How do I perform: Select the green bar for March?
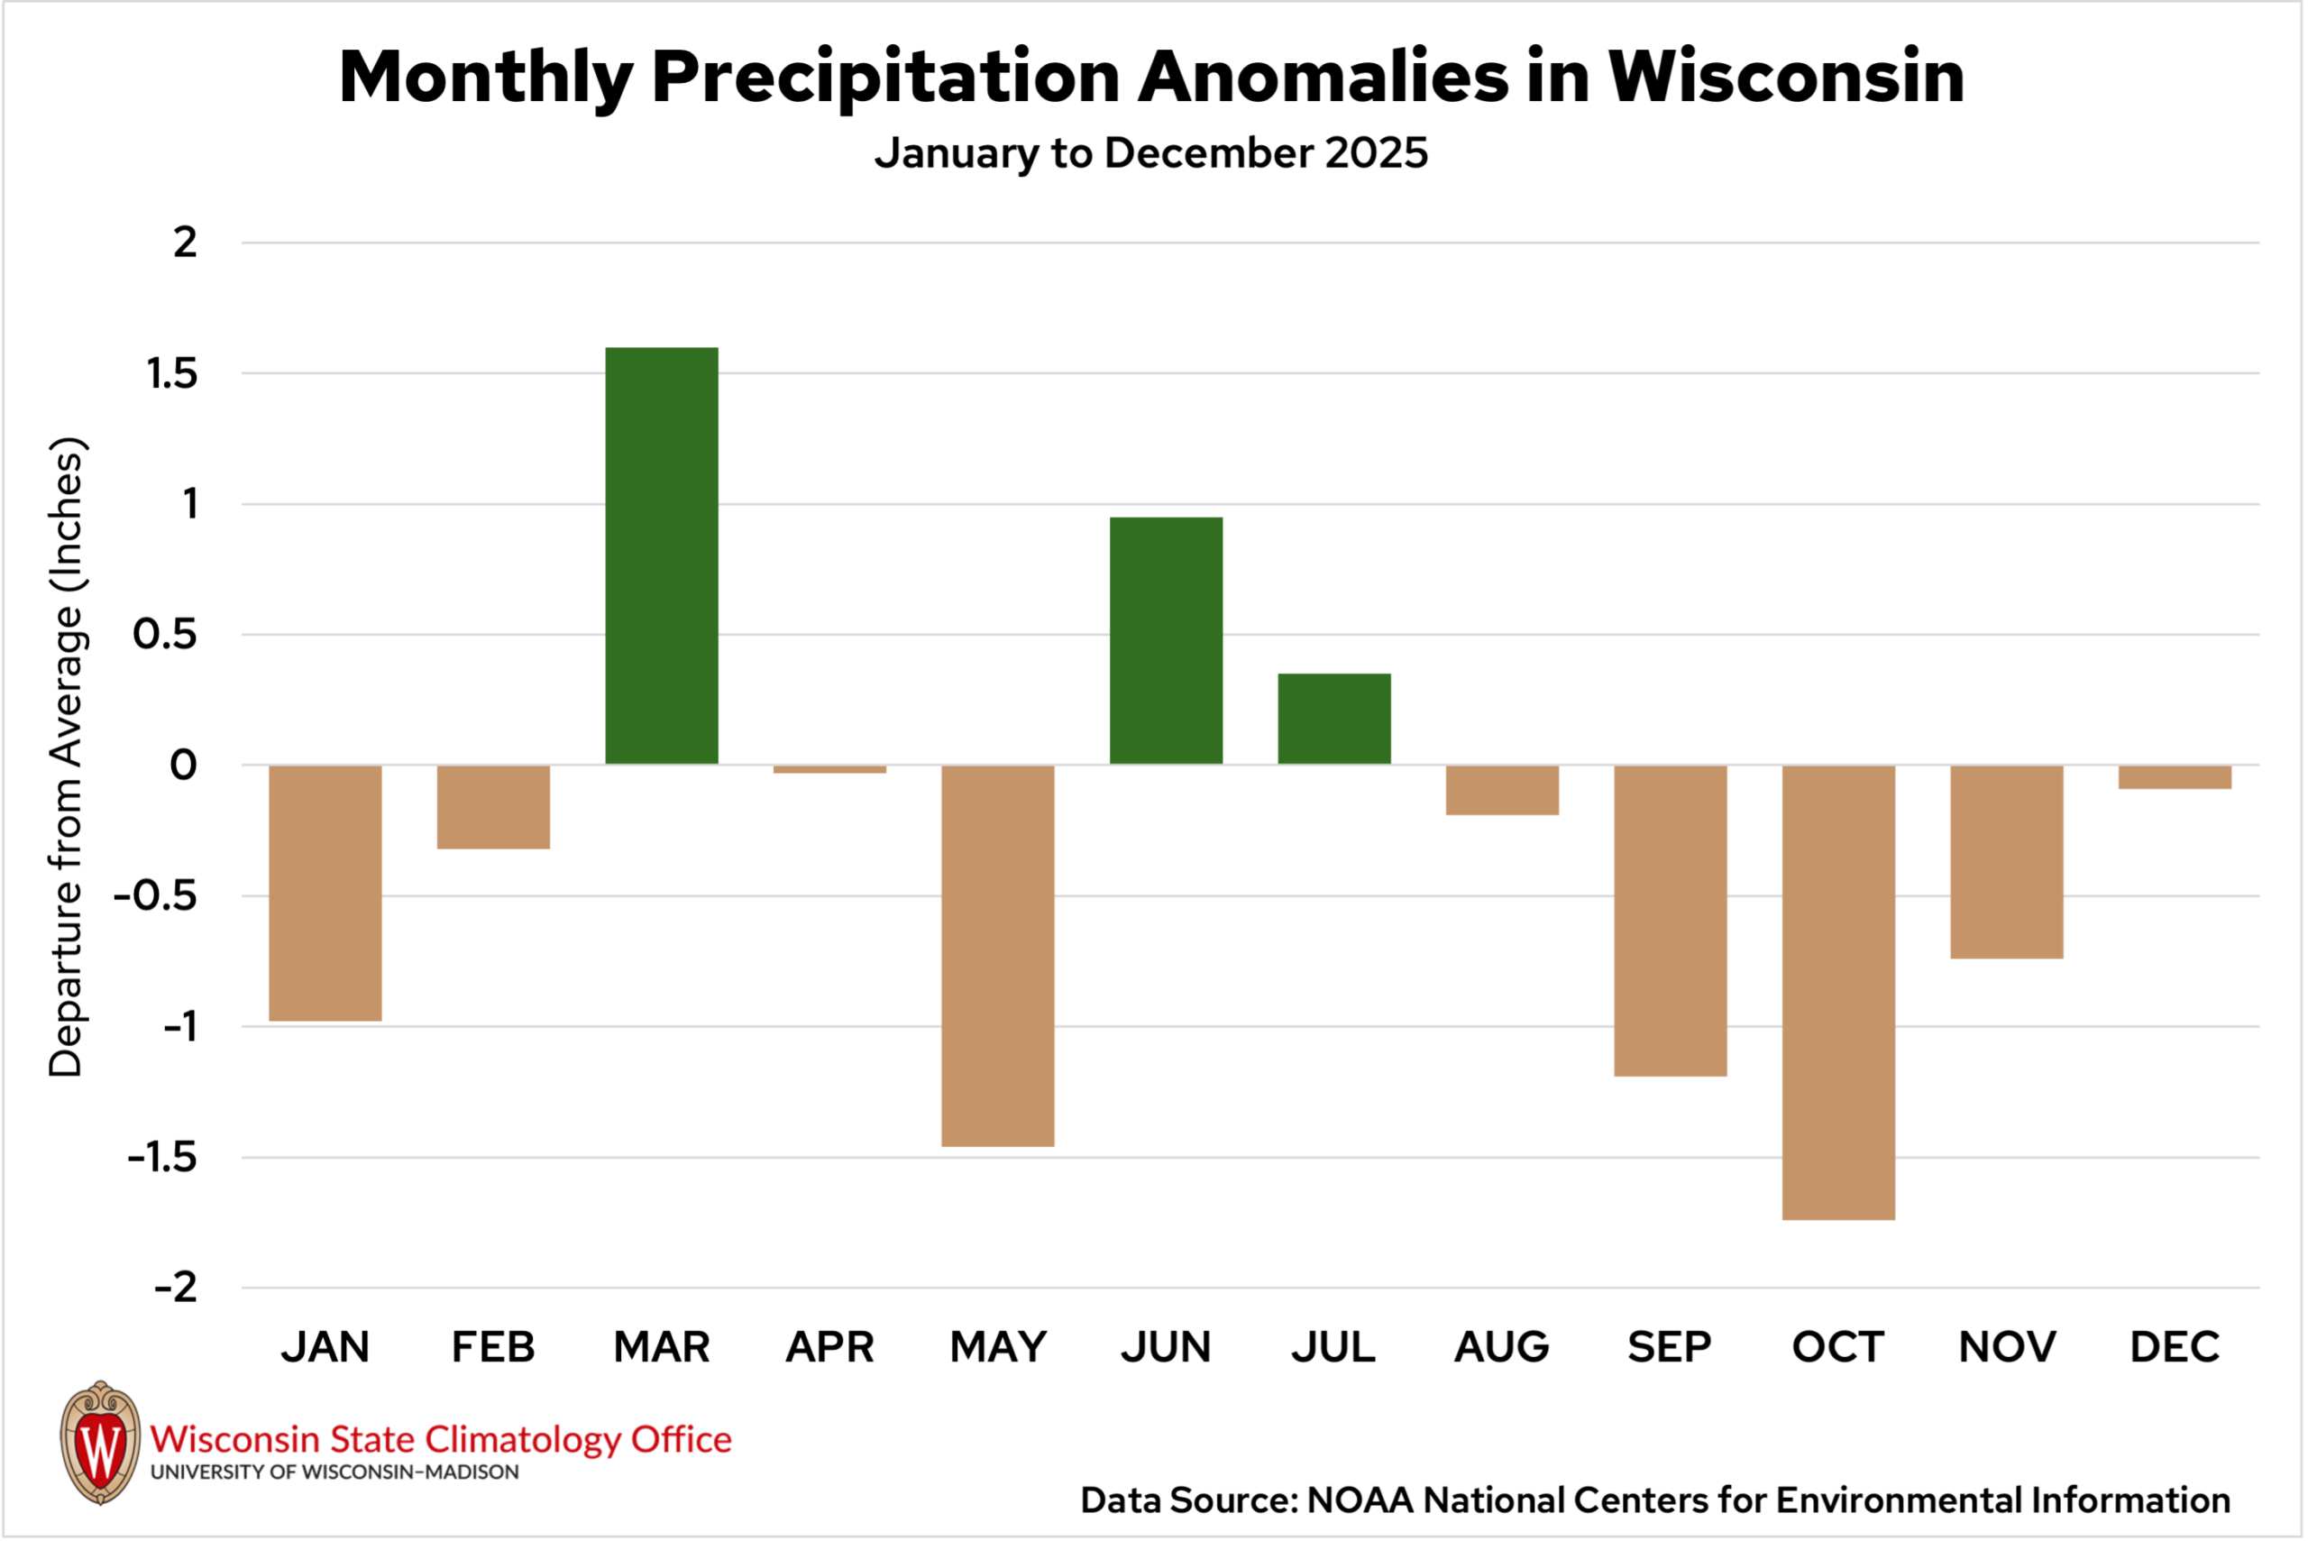[x=661, y=555]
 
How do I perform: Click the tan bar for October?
[x=1837, y=992]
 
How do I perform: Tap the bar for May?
[x=997, y=955]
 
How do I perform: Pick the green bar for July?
[x=1333, y=719]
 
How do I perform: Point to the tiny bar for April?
[x=829, y=769]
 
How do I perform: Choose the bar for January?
[x=325, y=893]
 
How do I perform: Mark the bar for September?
[x=1670, y=920]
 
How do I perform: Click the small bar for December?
[x=2175, y=776]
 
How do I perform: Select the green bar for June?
[x=1166, y=640]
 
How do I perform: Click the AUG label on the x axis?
[x=1501, y=1346]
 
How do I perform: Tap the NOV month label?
[x=2006, y=1346]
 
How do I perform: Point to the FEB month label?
[x=493, y=1346]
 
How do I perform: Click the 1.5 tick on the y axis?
[x=172, y=373]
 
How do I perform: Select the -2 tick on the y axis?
[x=176, y=1288]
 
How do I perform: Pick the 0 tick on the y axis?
[x=184, y=765]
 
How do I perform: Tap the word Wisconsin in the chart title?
[x=1785, y=77]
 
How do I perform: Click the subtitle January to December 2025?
[x=1150, y=153]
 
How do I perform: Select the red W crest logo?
[x=100, y=1443]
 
